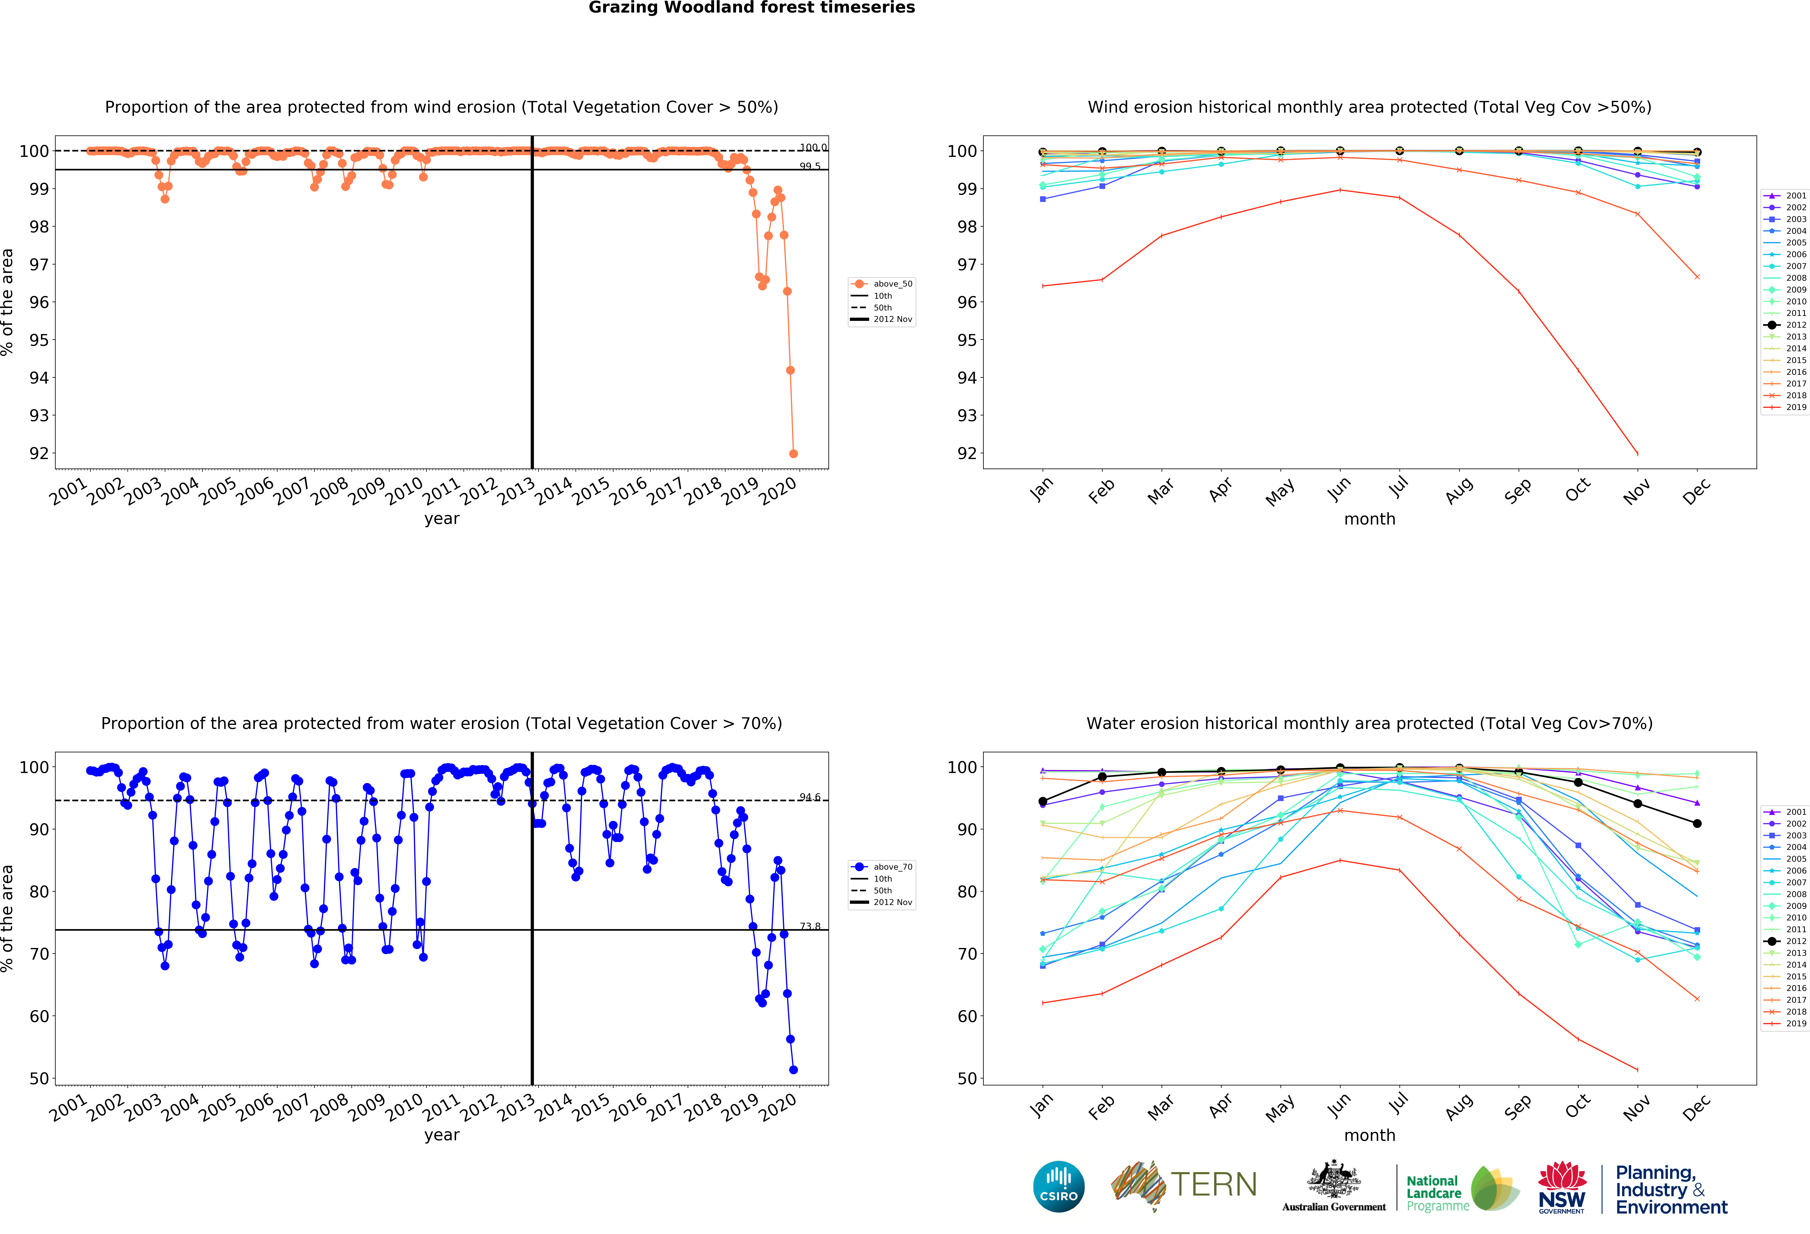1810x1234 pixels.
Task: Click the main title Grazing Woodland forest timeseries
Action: pos(752,8)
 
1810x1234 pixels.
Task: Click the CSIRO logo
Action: pos(1058,1186)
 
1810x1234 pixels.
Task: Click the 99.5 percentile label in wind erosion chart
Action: pos(810,166)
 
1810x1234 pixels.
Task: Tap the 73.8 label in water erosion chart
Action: pos(810,926)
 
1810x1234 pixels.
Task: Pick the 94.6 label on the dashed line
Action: pos(810,797)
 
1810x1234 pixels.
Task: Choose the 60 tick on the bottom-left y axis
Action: pos(39,1016)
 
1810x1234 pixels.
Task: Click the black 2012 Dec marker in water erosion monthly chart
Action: pos(1697,823)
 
